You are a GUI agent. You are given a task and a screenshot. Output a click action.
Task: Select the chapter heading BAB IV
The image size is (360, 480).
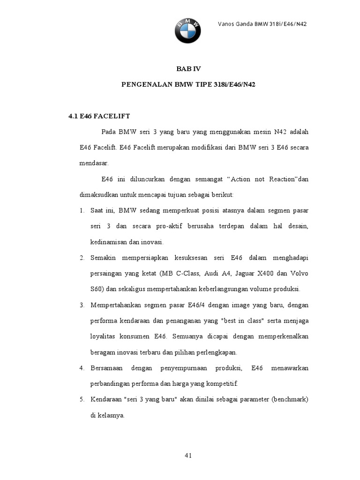pyautogui.click(x=188, y=68)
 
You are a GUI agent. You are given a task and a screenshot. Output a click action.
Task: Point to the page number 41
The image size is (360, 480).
pyautogui.click(x=188, y=455)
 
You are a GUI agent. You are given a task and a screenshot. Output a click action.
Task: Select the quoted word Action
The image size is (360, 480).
pyautogui.click(x=242, y=180)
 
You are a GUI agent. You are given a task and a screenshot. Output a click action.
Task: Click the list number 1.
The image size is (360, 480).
pyautogui.click(x=81, y=210)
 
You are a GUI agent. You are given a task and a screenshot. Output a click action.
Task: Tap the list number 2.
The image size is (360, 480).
pyautogui.click(x=81, y=258)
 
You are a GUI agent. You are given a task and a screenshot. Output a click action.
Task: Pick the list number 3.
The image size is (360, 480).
pyautogui.click(x=81, y=305)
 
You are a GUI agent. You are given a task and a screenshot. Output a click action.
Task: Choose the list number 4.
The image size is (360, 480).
pyautogui.click(x=81, y=368)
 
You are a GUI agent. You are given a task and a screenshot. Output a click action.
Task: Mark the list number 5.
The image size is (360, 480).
pyautogui.click(x=81, y=400)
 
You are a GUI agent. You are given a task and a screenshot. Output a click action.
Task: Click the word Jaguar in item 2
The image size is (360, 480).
pyautogui.click(x=246, y=273)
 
